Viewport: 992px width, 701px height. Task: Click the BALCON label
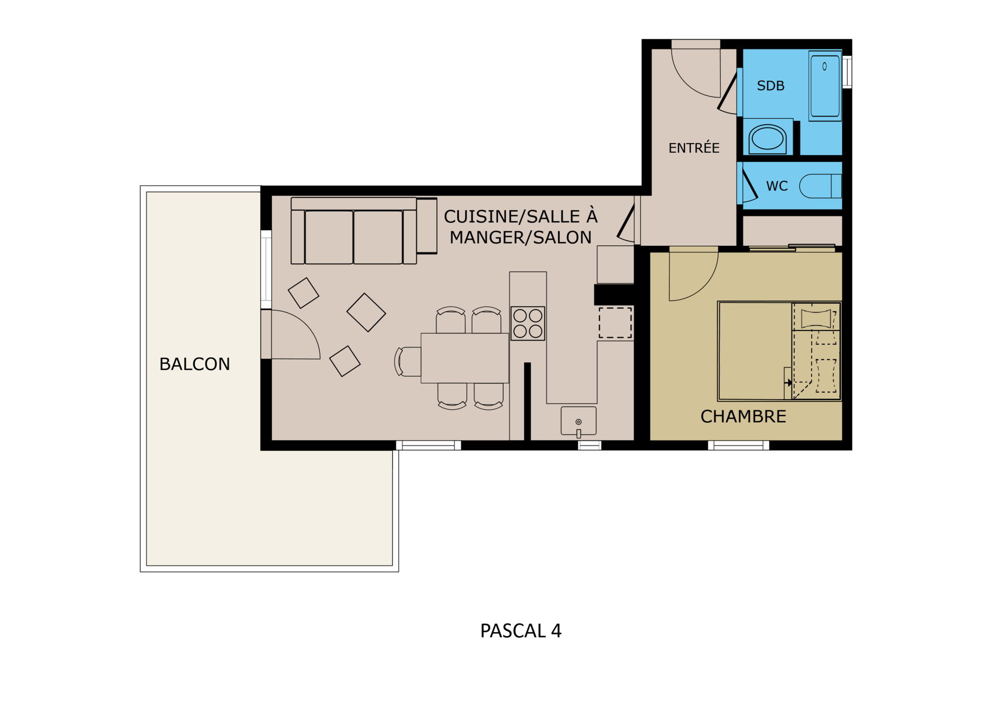click(194, 364)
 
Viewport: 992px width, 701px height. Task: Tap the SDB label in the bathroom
click(770, 86)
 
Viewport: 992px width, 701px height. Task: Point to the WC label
click(777, 186)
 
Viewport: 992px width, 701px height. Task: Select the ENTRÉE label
click(694, 148)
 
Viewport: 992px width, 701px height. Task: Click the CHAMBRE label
click(743, 416)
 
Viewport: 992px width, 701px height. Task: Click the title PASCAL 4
click(521, 631)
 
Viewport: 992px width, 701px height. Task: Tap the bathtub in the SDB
click(825, 86)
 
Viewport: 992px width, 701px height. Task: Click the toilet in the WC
click(820, 186)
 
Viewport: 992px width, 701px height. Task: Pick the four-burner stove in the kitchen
click(528, 323)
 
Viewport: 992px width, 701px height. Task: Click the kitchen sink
click(579, 421)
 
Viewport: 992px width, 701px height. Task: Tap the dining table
click(465, 358)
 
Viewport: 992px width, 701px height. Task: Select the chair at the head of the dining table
click(408, 361)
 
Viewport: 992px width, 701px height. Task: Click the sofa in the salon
click(364, 231)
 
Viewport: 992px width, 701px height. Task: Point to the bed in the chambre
click(780, 351)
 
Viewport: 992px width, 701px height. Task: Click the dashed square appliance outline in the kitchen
click(615, 323)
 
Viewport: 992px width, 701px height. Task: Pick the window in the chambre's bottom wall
click(738, 445)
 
